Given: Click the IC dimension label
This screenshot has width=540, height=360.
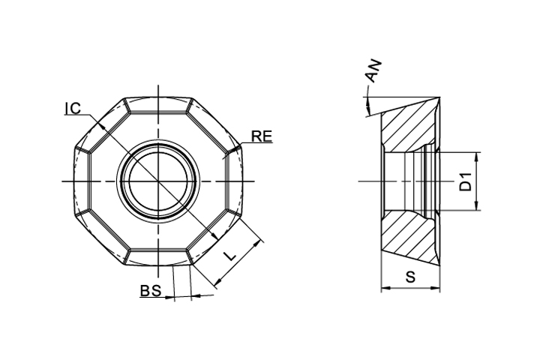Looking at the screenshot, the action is (73, 108).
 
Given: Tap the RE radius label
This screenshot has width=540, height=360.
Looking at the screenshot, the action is (262, 136).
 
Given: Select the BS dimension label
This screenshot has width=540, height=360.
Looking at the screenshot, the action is (151, 291).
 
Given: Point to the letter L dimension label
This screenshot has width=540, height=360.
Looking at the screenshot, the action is (229, 256).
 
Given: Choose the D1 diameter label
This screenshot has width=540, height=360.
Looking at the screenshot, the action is (466, 182).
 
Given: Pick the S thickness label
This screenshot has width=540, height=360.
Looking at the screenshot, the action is (410, 277).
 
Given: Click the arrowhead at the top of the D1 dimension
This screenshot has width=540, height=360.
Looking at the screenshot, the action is (477, 157).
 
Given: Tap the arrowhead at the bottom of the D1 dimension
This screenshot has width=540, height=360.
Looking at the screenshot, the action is (477, 205).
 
